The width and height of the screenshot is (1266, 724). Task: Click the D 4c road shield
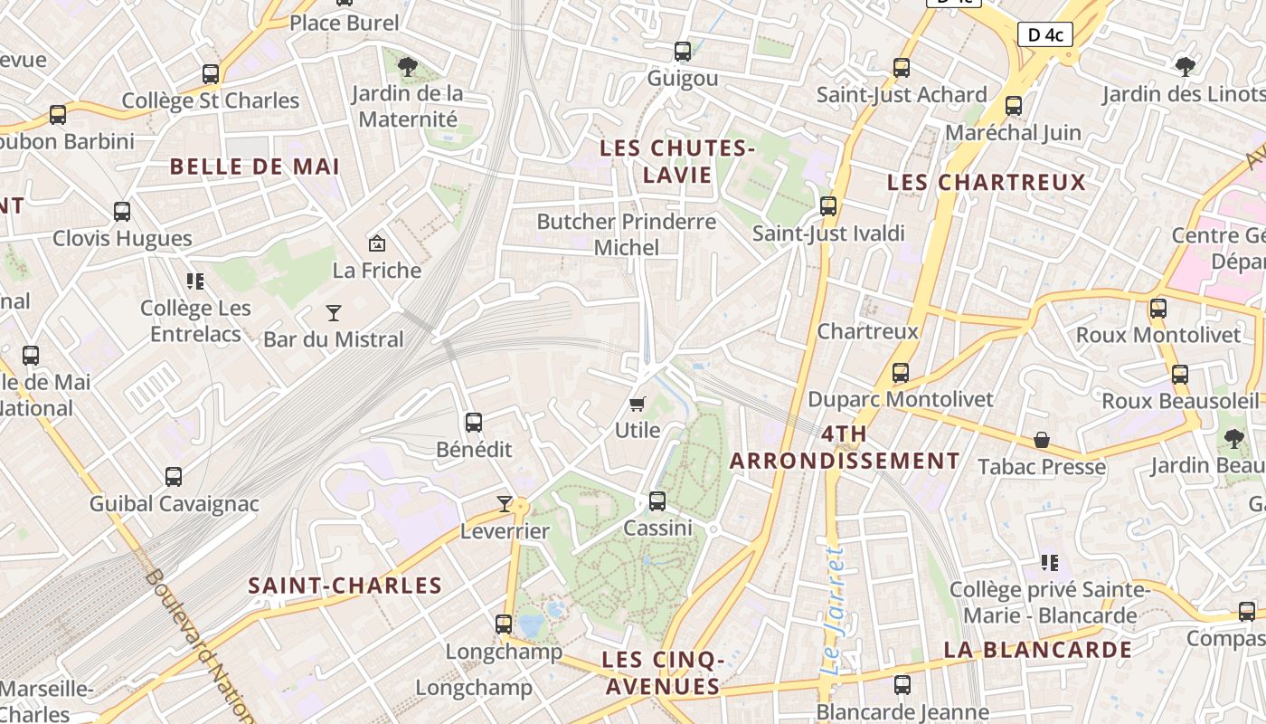pyautogui.click(x=1045, y=35)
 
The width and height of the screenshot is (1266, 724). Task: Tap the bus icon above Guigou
pyautogui.click(x=683, y=52)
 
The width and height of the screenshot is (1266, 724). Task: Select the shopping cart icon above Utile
pyautogui.click(x=638, y=404)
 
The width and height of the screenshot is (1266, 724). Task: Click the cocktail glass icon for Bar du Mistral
pyautogui.click(x=334, y=313)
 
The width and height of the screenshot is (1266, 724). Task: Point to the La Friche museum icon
pyautogui.click(x=377, y=243)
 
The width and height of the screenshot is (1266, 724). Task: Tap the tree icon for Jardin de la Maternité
pyautogui.click(x=407, y=65)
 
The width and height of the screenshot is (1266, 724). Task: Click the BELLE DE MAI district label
pyautogui.click(x=255, y=167)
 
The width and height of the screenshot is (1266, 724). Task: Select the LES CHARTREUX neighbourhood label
pyautogui.click(x=986, y=182)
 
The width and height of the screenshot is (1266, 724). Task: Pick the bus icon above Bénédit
pyautogui.click(x=473, y=422)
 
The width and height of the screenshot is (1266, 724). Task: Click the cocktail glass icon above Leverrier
pyautogui.click(x=505, y=504)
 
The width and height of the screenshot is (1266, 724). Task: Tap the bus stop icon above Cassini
pyautogui.click(x=657, y=500)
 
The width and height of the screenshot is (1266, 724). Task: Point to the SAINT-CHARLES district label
pyautogui.click(x=345, y=586)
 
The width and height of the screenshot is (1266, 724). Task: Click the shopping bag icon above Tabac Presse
pyautogui.click(x=1042, y=440)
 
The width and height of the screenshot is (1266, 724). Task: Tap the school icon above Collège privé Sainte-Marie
pyautogui.click(x=1050, y=563)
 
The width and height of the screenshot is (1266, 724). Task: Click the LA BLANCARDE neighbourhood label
pyautogui.click(x=1037, y=650)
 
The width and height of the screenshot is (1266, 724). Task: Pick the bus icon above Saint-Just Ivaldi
pyautogui.click(x=828, y=205)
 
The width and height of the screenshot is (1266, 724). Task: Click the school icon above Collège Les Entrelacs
pyautogui.click(x=195, y=281)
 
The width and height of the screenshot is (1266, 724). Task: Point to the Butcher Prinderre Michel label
pyautogui.click(x=626, y=234)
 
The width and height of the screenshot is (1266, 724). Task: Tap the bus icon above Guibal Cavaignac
pyautogui.click(x=174, y=476)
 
